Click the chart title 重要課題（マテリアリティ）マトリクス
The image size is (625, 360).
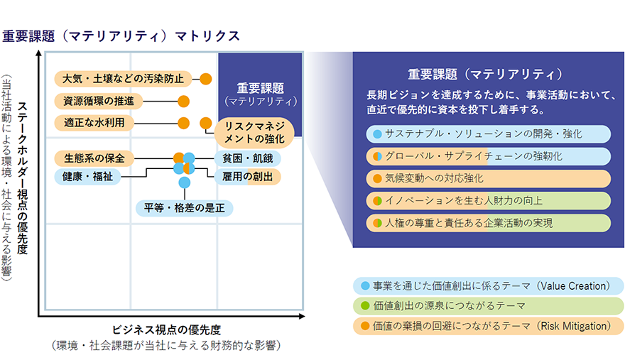click(x=121, y=36)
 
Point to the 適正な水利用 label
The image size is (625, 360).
click(x=94, y=122)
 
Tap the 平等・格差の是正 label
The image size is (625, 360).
click(x=185, y=208)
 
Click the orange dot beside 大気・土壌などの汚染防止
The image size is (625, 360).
click(x=206, y=78)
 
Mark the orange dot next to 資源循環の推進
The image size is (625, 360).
click(x=184, y=101)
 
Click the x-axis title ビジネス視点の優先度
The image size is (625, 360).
click(x=167, y=329)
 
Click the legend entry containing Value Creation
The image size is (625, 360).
click(x=489, y=286)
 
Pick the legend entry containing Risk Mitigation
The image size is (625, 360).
click(x=489, y=327)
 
